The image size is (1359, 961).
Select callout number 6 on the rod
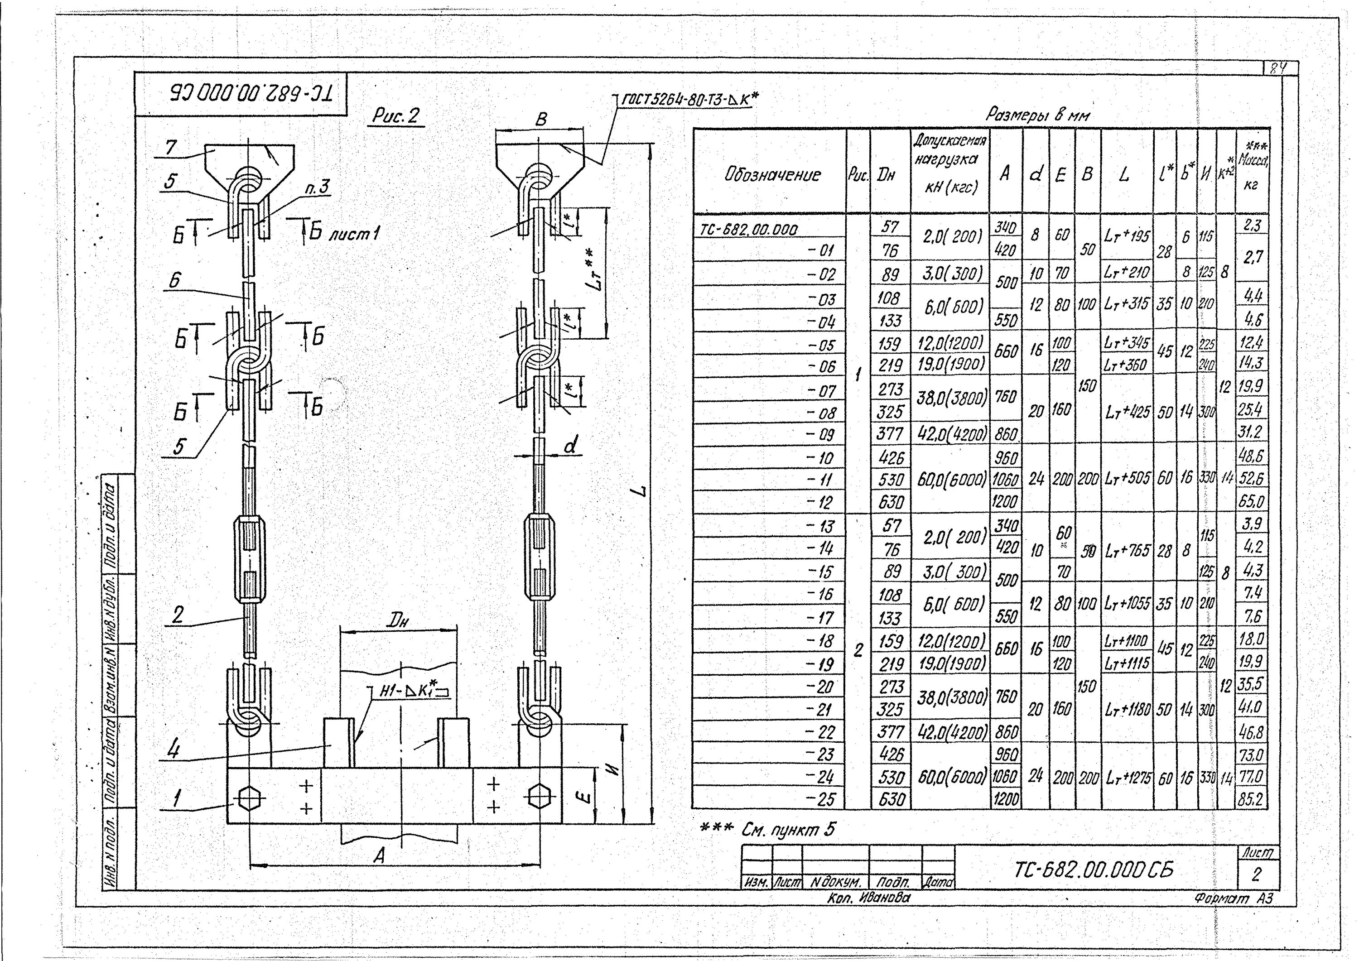pyautogui.click(x=174, y=279)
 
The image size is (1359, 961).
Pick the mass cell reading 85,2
pyautogui.click(x=1251, y=799)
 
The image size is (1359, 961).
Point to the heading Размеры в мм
pyautogui.click(x=1037, y=115)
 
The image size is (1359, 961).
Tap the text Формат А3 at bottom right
pyautogui.click(x=1233, y=898)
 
